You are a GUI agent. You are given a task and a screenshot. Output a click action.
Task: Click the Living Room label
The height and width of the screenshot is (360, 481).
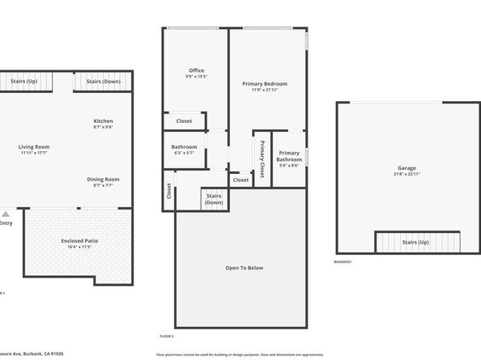(34, 146)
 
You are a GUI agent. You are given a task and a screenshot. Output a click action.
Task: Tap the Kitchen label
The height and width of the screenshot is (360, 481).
(103, 121)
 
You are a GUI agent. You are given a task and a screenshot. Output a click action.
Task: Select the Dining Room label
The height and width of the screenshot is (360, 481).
(103, 179)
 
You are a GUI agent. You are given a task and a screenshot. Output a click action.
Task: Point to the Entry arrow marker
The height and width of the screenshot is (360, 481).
(6, 214)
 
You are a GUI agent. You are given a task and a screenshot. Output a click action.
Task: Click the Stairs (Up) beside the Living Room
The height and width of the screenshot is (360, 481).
(23, 81)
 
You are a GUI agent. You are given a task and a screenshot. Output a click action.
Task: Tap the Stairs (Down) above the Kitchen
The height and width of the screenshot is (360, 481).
(103, 81)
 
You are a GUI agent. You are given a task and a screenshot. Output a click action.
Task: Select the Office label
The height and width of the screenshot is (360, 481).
(196, 70)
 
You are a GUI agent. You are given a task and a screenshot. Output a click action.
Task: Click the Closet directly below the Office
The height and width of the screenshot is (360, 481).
(184, 121)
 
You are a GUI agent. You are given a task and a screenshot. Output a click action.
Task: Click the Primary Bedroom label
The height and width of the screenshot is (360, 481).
(264, 83)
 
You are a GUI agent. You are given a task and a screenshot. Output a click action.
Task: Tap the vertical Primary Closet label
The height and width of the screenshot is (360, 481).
(262, 159)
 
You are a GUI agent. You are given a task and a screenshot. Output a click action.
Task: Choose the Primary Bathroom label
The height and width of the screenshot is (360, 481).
(289, 156)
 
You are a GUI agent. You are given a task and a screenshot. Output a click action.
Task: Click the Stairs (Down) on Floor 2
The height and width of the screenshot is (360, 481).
(214, 199)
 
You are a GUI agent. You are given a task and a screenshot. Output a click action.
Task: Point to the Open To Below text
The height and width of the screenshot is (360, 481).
(244, 268)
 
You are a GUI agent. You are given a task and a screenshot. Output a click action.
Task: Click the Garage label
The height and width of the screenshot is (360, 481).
(406, 168)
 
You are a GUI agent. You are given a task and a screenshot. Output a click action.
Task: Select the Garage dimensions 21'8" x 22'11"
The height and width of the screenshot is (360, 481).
(406, 174)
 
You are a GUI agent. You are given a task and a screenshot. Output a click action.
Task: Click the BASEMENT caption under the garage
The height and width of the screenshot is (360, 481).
(343, 262)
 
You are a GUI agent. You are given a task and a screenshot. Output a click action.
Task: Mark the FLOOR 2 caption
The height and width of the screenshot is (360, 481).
(166, 335)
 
